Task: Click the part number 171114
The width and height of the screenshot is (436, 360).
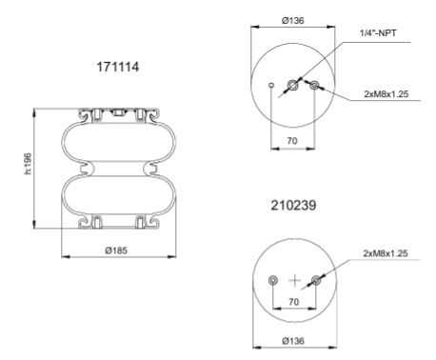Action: pos(116,70)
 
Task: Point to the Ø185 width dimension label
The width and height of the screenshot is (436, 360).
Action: pos(115,250)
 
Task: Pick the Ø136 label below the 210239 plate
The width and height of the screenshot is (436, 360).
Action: pos(294,340)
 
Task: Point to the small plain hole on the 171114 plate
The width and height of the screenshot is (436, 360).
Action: pos(273,89)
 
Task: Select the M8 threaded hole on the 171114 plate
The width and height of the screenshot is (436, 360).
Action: pos(315,89)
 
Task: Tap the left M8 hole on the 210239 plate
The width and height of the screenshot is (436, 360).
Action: pos(274,280)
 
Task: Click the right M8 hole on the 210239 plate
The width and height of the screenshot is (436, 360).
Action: pos(315,280)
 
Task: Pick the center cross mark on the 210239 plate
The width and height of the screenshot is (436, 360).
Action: pos(294,280)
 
